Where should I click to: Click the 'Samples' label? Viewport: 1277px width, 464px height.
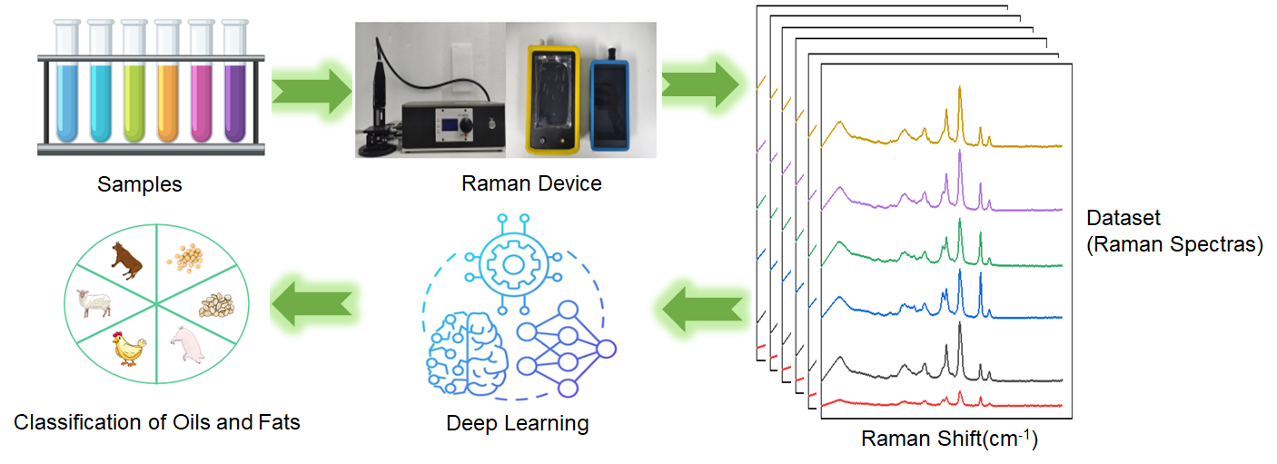point(140,185)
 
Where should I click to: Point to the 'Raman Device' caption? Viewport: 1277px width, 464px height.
point(531,183)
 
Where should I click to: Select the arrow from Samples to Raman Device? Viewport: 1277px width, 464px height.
point(311,90)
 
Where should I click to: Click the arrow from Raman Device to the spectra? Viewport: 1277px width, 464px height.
point(700,84)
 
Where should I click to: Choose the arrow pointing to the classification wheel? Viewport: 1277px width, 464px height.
point(314,301)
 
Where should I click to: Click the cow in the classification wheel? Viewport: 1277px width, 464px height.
point(126,261)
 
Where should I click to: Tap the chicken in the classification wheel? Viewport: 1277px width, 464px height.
point(128,348)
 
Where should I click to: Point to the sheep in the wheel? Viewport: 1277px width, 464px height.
point(95,303)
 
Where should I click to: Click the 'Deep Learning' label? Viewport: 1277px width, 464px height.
point(517,423)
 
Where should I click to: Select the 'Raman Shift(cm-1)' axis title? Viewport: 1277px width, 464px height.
point(948,439)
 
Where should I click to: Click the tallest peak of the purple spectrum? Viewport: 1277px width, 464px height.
point(960,153)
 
